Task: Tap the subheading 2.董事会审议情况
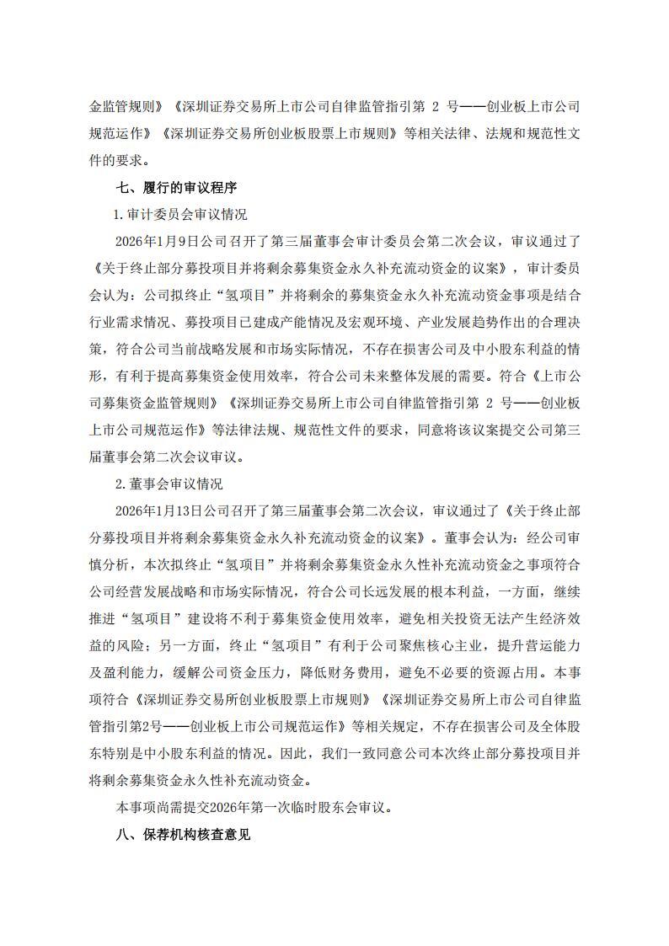tap(169, 484)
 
